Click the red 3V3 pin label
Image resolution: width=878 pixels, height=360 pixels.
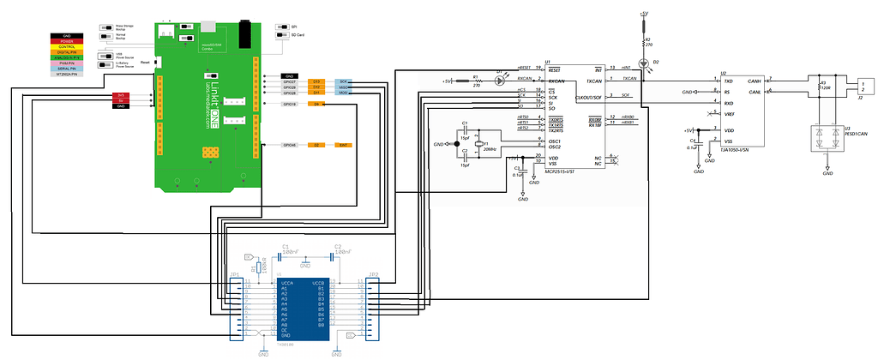(x=121, y=95)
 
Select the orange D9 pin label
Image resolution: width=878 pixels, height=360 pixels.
(x=316, y=105)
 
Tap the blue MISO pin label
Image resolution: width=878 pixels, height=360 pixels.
(x=342, y=87)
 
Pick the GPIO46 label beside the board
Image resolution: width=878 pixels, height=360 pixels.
(x=290, y=146)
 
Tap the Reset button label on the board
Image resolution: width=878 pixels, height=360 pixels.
(x=145, y=63)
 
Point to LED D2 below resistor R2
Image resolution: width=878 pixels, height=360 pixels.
(x=645, y=63)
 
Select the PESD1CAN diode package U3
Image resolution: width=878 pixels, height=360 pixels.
(x=827, y=139)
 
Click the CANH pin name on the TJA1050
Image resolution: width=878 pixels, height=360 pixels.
(x=755, y=81)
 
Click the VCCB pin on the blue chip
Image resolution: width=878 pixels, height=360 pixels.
(x=317, y=282)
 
